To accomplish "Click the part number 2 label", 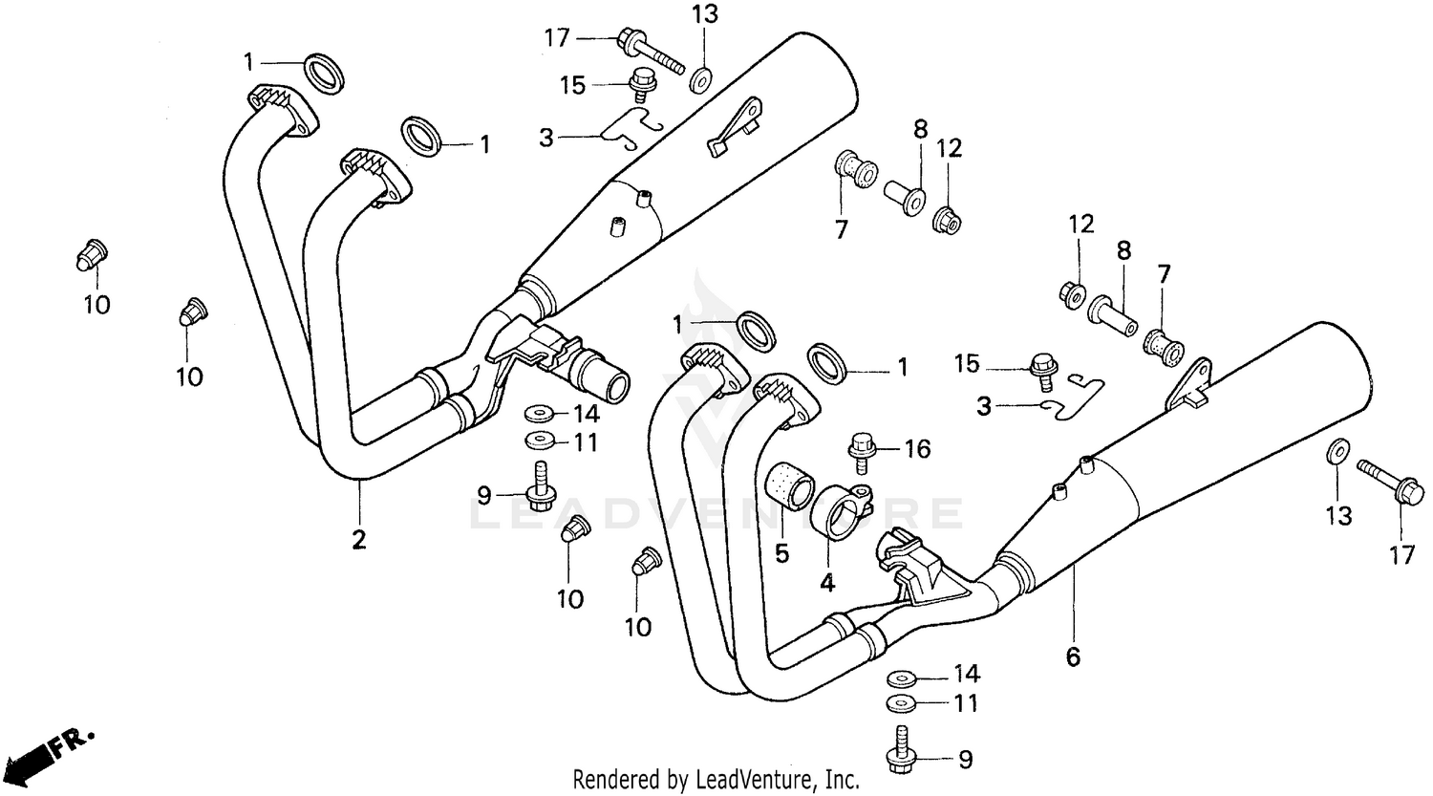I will point(358,540).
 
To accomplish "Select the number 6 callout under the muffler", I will point(1073,657).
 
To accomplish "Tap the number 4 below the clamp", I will point(827,582).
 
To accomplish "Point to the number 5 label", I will point(781,553).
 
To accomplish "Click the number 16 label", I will point(917,448).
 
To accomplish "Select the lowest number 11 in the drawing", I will point(967,704).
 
